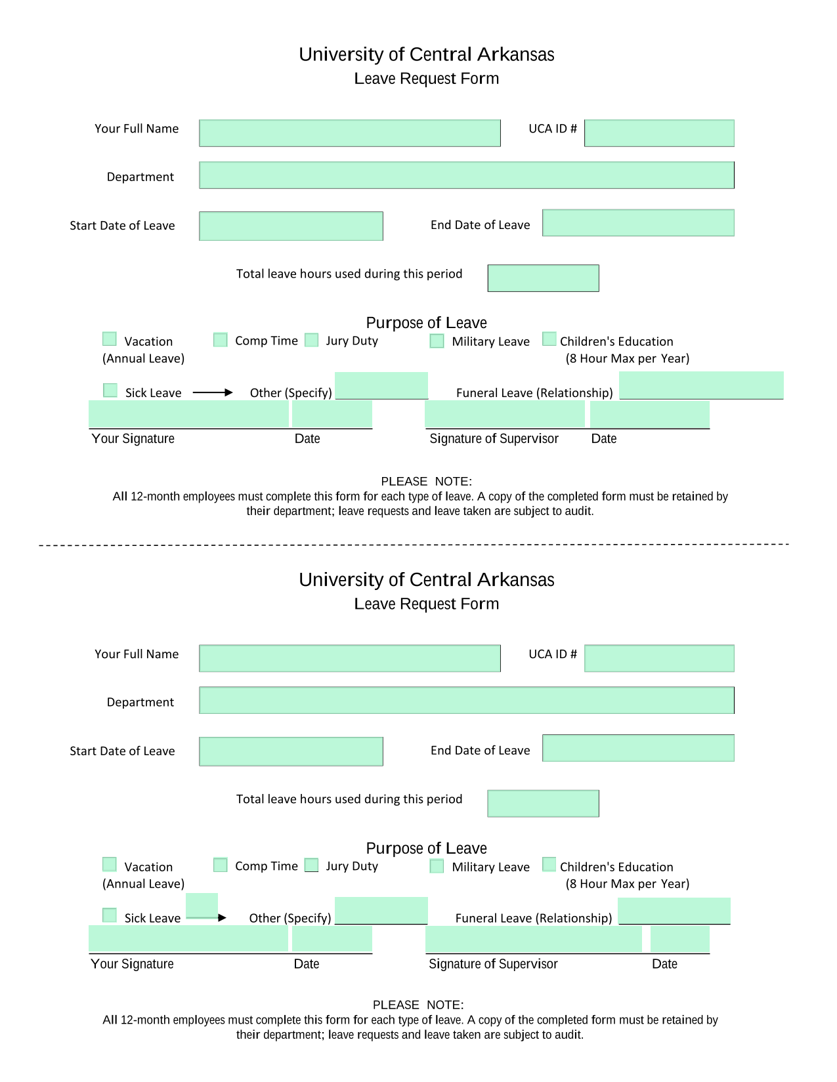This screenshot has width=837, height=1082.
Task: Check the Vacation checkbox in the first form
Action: [109, 338]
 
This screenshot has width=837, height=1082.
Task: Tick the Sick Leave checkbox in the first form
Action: [110, 388]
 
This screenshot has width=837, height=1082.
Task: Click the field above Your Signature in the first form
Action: [188, 412]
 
